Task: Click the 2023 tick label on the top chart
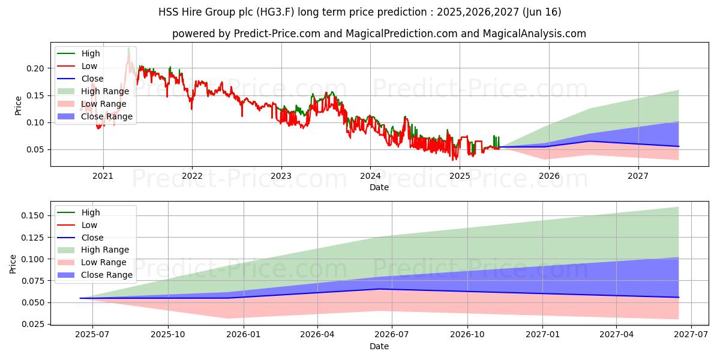point(281,176)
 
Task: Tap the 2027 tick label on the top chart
point(638,176)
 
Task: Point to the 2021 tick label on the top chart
point(103,176)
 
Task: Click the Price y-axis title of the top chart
point(19,106)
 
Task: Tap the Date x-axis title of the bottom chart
point(379,346)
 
